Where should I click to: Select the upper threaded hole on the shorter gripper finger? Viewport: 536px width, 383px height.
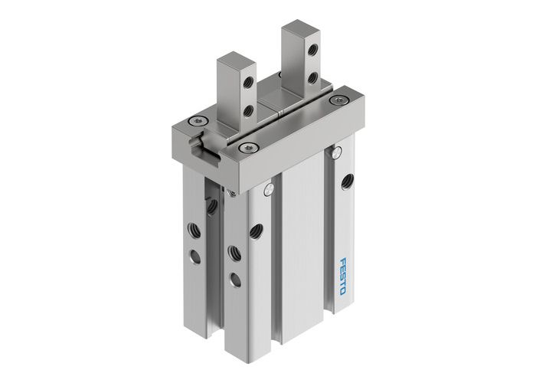(x=247, y=84)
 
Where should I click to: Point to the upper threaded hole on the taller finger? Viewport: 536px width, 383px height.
(x=312, y=51)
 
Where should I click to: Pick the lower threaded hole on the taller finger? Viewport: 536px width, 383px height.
(x=313, y=77)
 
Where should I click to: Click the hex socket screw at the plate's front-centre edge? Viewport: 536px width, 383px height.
(x=245, y=147)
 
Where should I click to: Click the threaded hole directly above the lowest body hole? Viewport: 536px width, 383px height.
(x=233, y=250)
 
